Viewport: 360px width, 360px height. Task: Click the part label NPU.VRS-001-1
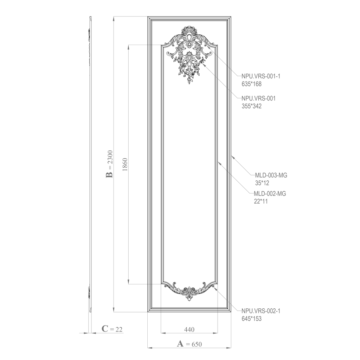pyautogui.click(x=261, y=76)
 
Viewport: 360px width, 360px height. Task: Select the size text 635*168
pyautogui.click(x=251, y=84)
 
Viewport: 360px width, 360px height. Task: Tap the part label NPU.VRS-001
pyautogui.click(x=258, y=98)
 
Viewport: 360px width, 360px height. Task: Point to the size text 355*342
pyautogui.click(x=251, y=106)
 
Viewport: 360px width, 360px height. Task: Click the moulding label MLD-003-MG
pyautogui.click(x=271, y=175)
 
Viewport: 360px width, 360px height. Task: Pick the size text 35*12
pyautogui.click(x=262, y=183)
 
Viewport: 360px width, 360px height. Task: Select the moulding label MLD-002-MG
pyautogui.click(x=270, y=194)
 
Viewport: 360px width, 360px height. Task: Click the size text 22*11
pyautogui.click(x=261, y=201)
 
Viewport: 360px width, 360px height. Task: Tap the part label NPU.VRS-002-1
pyautogui.click(x=261, y=311)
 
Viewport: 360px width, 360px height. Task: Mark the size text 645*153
pyautogui.click(x=251, y=319)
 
